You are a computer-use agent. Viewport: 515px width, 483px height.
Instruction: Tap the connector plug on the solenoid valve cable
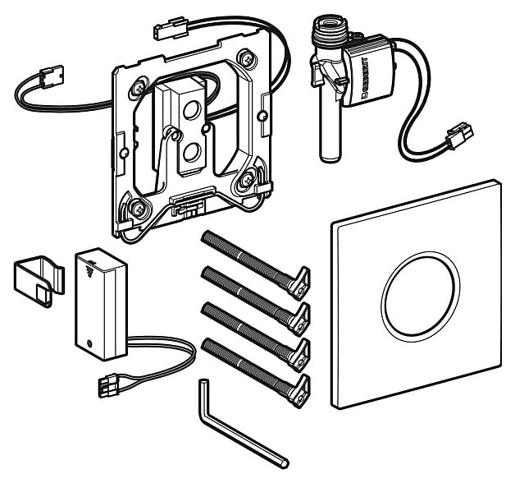point(459,136)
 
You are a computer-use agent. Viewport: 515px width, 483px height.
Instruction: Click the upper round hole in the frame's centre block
point(190,110)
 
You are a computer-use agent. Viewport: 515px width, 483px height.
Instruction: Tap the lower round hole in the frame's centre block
point(190,153)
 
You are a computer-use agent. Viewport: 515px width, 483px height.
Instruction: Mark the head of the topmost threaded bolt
point(299,283)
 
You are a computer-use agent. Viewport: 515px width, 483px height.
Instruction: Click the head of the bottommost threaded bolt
point(299,391)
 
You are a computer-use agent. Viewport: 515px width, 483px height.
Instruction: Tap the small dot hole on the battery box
point(89,345)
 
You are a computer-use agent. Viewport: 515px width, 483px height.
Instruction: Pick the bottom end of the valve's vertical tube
point(330,158)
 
